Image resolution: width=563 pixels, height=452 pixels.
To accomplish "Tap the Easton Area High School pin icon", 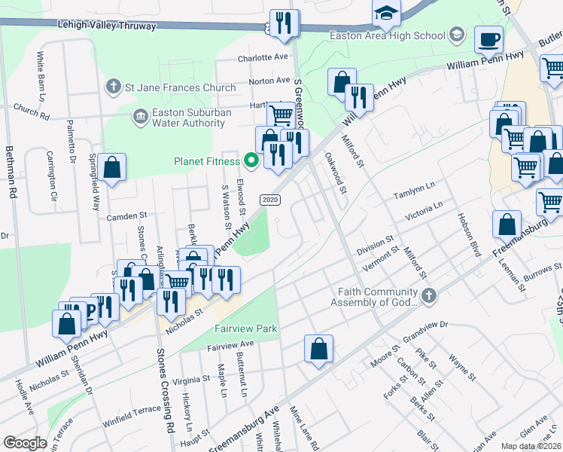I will [x=457, y=35].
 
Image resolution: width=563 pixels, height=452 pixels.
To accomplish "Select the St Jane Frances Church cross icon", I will [x=114, y=87].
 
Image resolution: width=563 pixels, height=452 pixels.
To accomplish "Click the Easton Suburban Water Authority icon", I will [x=140, y=116].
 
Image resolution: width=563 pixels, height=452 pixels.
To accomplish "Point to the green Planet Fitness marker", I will [x=251, y=160].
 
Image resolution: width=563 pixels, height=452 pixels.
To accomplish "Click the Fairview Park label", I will [x=246, y=328].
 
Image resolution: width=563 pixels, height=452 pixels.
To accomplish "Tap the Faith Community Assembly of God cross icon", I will [x=429, y=295].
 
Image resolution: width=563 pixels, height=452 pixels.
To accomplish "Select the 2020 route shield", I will [x=271, y=200].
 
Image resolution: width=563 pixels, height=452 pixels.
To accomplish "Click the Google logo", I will [x=25, y=442].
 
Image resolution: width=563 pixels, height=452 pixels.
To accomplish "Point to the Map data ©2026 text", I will [x=530, y=446].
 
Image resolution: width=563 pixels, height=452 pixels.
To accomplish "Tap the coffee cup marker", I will [x=488, y=38].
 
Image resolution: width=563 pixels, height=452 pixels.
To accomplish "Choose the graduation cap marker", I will [x=386, y=14].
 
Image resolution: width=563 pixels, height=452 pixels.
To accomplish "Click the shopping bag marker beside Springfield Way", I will [x=111, y=169].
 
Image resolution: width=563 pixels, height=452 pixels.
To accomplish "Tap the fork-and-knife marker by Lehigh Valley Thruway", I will [x=284, y=23].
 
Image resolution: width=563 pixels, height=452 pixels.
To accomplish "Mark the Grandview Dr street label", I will [x=425, y=326].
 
